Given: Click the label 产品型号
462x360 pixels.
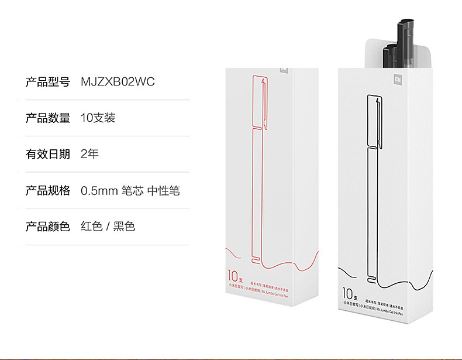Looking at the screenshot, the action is pos(47,82).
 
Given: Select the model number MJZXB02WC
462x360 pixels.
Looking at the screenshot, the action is pos(118,82).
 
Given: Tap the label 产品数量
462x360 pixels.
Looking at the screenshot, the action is pos(47,118).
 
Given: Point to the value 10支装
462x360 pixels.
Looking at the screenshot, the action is pos(98,118).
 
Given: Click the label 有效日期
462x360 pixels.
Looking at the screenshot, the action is pos(47,155).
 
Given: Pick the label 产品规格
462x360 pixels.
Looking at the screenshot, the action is pos(47,191).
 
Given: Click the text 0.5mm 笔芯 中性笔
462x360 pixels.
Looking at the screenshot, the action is pos(130,191).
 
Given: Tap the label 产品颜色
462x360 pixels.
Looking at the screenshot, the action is pos(47,227).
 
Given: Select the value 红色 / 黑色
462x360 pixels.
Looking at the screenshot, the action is pos(108,227).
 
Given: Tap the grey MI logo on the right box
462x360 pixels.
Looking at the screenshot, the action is pos(396,78).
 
